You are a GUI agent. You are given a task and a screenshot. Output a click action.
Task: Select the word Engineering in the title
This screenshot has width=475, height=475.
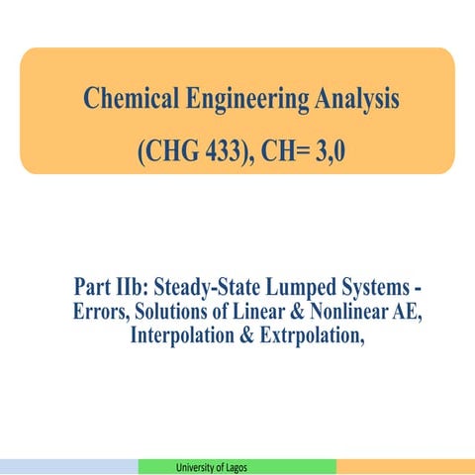(237, 99)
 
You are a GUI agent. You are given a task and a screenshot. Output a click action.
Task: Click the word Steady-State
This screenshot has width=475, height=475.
(209, 288)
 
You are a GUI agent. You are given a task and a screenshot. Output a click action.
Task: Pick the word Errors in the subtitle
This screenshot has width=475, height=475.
(99, 313)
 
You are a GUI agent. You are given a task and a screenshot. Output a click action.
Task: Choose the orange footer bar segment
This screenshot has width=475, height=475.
(406, 467)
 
